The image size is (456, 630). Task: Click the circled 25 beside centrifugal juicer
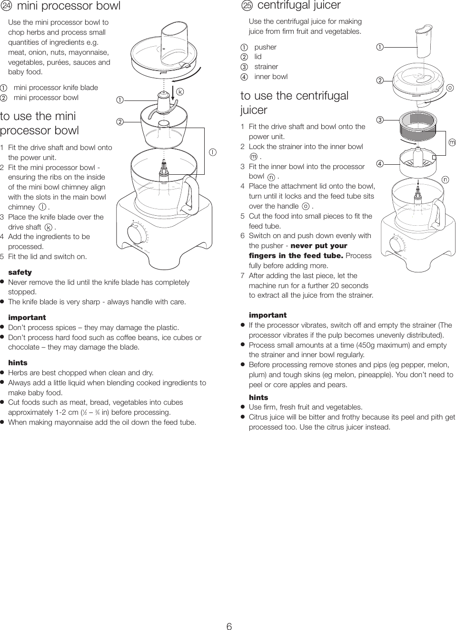247,6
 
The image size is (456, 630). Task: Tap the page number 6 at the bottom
229,627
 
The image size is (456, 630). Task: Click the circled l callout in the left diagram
212,152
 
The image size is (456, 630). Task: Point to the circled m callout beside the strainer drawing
451,142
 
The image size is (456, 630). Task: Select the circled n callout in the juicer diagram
445,180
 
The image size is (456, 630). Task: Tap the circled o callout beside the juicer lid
450,88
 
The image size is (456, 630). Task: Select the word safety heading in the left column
20,272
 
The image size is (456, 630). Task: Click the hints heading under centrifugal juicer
258,397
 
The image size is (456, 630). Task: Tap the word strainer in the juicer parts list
266,67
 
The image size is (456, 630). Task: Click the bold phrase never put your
318,246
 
